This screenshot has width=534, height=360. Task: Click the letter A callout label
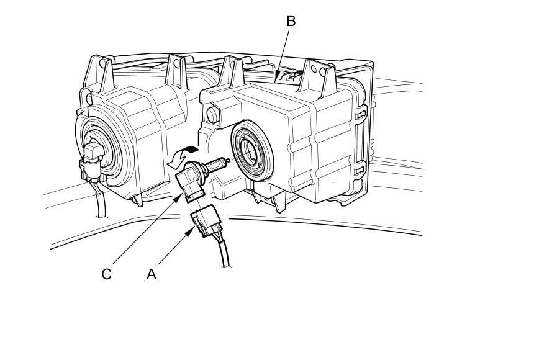point(151,274)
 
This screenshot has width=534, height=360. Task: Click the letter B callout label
point(291,20)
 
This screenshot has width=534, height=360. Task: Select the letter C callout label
point(107,274)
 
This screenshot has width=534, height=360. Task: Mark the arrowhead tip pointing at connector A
point(192,229)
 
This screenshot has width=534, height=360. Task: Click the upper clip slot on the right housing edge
point(359,115)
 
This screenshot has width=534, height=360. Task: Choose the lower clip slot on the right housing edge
point(360,169)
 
